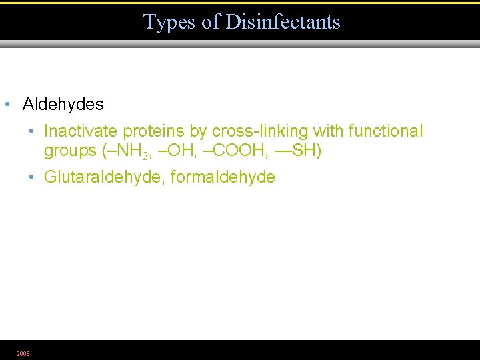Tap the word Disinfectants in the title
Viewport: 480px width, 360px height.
(x=283, y=22)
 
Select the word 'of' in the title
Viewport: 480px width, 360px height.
(x=211, y=22)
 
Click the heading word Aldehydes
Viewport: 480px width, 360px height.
(x=63, y=105)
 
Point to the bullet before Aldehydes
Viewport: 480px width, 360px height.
(x=6, y=105)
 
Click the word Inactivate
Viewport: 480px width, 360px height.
(x=81, y=131)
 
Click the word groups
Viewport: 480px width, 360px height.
(x=70, y=151)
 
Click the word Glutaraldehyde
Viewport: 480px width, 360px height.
(x=104, y=177)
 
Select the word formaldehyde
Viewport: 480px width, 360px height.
(x=223, y=177)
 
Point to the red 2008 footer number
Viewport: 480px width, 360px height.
(x=23, y=353)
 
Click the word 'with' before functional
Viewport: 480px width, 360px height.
(x=329, y=131)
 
